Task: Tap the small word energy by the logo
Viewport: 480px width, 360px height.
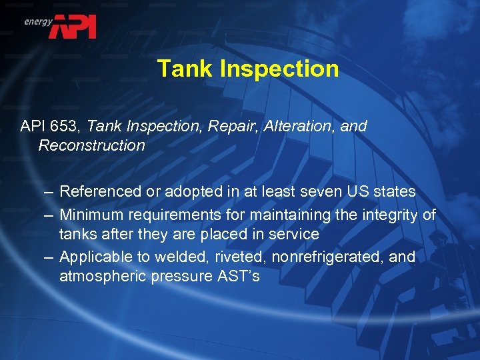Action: (x=38, y=21)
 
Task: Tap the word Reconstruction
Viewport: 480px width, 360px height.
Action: (x=91, y=145)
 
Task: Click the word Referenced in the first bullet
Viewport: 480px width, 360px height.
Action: (x=100, y=192)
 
